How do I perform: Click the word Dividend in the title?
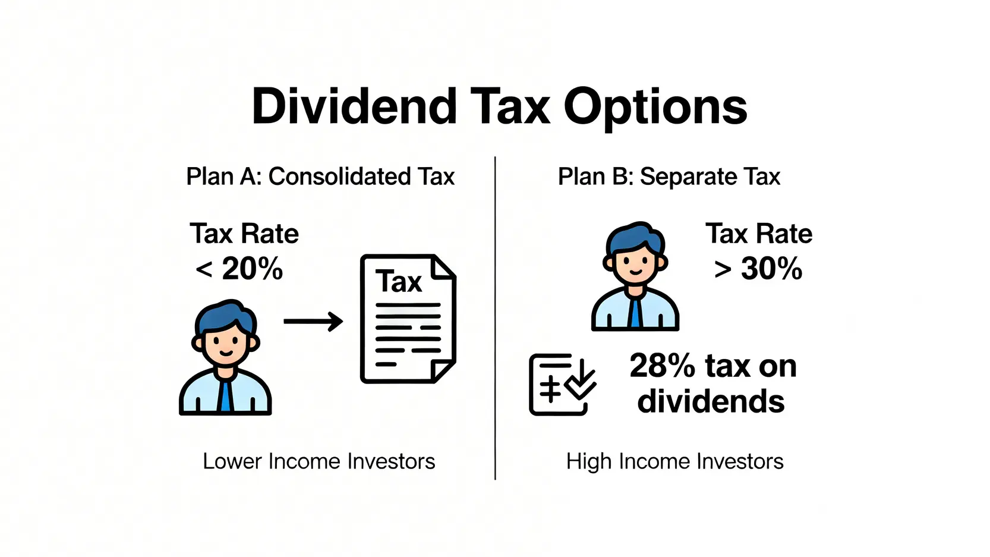coord(354,106)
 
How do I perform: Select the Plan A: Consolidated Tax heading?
coord(320,177)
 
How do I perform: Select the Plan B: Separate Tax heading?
coord(669,177)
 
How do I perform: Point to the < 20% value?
coord(239,268)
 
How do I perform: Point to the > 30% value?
coord(758,268)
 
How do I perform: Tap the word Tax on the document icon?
coord(399,281)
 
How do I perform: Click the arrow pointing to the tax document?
coord(313,321)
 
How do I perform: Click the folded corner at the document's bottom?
coord(443,370)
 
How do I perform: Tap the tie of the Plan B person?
coord(635,312)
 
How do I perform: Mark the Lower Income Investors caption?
coord(319,461)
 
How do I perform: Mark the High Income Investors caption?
coord(675,461)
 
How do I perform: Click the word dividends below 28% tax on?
coord(711,401)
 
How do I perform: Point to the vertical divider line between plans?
coord(495,318)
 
